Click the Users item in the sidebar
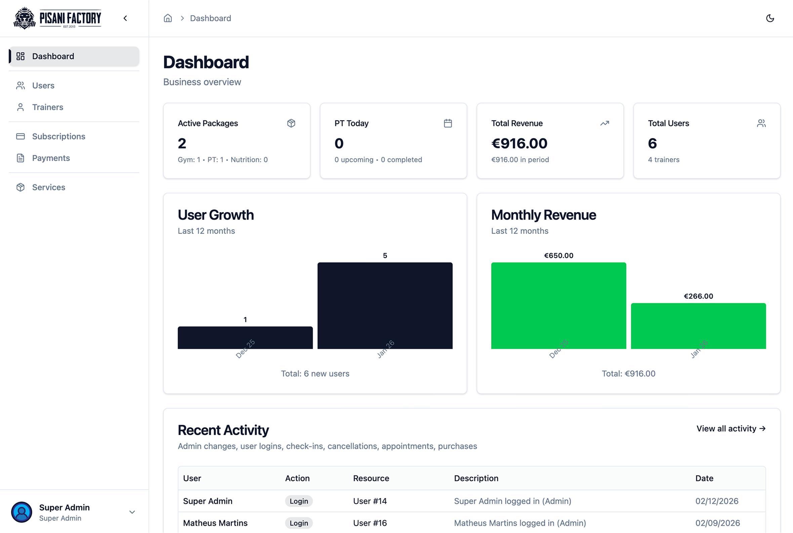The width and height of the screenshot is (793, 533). point(43,85)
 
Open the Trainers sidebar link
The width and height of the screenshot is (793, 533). point(48,107)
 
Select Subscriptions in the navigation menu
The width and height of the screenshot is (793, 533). point(58,136)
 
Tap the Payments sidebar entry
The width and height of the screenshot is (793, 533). point(51,158)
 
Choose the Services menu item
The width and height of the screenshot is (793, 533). point(49,187)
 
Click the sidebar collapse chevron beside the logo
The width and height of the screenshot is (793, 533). point(125,18)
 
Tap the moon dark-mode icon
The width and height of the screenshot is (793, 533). point(770,18)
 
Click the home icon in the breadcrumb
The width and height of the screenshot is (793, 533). point(168,18)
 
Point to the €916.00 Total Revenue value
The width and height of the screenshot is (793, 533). point(519,143)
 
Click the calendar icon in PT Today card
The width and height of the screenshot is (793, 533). point(448,123)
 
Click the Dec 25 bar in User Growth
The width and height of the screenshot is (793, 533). point(245,337)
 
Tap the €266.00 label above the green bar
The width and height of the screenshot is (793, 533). point(698,296)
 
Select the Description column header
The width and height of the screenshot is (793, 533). point(476,478)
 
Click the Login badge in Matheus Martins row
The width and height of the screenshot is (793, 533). point(299,523)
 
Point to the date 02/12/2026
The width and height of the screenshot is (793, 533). point(716,501)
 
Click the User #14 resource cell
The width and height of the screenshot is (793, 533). point(370,501)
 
